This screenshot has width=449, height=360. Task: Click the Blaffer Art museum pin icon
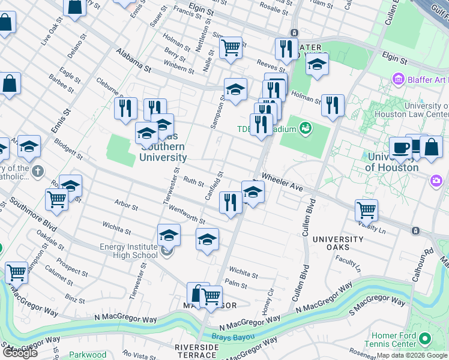(x=397, y=79)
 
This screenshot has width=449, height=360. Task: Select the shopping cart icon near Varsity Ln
(x=366, y=210)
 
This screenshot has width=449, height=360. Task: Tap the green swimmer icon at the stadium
(x=306, y=128)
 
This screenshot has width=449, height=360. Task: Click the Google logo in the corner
(x=19, y=353)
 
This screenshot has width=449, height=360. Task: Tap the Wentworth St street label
(x=175, y=212)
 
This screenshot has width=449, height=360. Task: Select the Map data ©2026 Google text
(x=412, y=355)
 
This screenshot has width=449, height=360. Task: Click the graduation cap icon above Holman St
(x=317, y=64)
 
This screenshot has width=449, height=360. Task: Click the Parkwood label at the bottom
(x=88, y=355)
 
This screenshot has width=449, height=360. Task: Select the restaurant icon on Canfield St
(x=231, y=202)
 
